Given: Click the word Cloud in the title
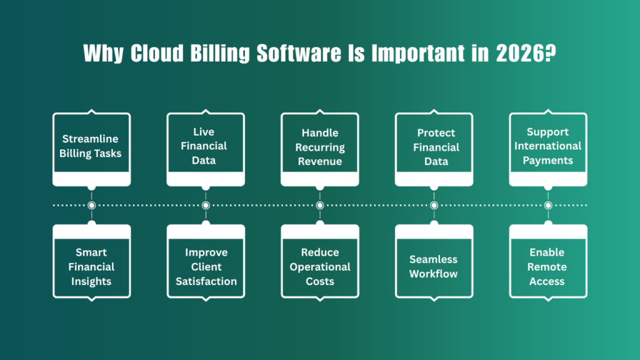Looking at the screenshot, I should tap(158, 54).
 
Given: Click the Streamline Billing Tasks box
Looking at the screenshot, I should tap(92, 146).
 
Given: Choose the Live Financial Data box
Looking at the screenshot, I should tap(206, 146).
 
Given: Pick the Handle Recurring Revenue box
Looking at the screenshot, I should tap(320, 146).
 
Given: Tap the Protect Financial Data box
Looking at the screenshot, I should tap(434, 146).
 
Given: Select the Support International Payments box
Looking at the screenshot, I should tap(548, 146).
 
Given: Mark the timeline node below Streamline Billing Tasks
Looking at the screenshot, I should tap(92, 205).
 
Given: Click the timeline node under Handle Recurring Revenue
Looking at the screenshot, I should tap(320, 205).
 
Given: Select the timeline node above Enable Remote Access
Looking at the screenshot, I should tap(548, 205).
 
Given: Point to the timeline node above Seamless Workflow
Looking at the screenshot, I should tap(434, 205).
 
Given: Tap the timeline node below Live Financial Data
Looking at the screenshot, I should tap(206, 205).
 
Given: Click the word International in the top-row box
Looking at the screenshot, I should tap(548, 146).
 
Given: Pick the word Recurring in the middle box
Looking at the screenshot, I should tap(320, 147).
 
